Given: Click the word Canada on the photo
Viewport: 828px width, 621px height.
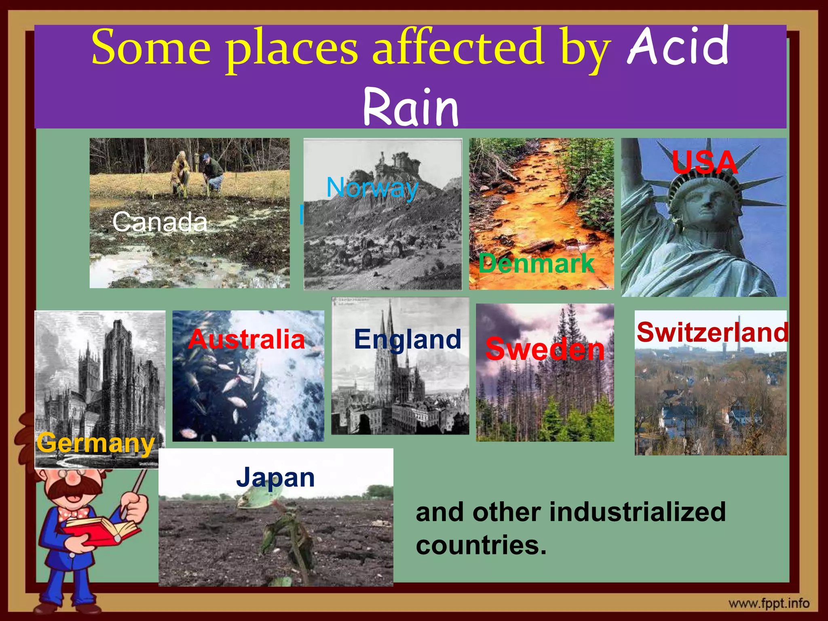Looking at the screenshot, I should tap(160, 222).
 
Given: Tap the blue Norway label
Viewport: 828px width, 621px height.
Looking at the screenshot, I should tap(372, 188).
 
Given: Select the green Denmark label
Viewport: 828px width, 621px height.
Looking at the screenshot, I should tap(537, 263).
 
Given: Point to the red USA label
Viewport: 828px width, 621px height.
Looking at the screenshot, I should tap(705, 163).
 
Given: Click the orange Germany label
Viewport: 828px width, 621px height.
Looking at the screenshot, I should tap(95, 443).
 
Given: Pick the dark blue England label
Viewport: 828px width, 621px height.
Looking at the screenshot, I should tap(408, 339).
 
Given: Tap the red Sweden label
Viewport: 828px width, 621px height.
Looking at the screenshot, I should tap(545, 349).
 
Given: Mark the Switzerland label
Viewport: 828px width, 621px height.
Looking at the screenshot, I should tap(712, 332).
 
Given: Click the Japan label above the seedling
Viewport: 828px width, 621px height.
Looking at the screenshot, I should tap(275, 477).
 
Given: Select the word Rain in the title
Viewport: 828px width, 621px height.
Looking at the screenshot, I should tap(411, 107).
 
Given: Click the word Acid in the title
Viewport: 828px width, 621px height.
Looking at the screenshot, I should tap(678, 46).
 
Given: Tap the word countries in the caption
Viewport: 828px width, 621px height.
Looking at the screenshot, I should tap(481, 545).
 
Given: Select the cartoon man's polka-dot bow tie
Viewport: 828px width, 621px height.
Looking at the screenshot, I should tap(73, 513).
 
